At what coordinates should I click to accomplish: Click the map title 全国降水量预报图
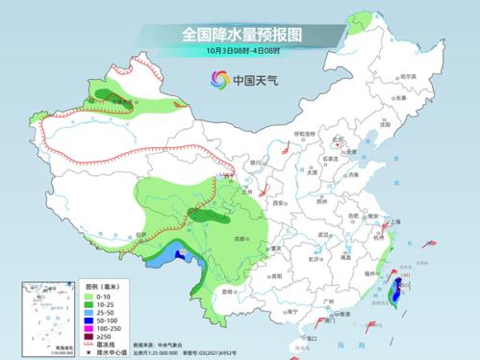[240, 33]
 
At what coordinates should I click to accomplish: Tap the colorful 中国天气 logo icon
[220, 80]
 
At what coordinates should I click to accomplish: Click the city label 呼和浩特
[304, 134]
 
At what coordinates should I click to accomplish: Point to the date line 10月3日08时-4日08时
[240, 50]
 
